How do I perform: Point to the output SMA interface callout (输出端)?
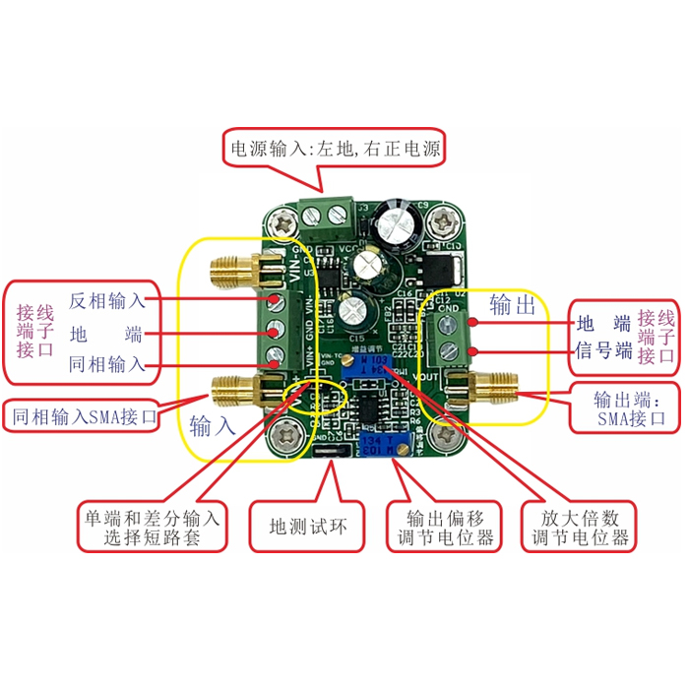pos(624,408)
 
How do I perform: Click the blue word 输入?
pos(213,426)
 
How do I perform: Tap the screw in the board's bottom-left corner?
pos(289,431)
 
